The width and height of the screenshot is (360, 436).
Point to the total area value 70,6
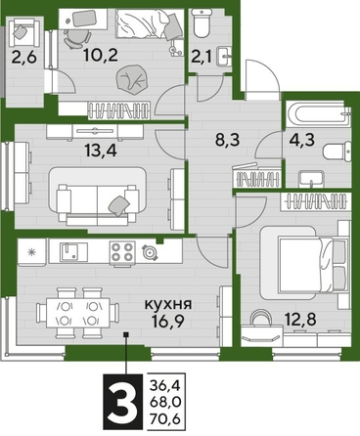(163, 417)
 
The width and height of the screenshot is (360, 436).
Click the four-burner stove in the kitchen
(120, 251)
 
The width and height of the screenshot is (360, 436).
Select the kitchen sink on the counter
(69, 251)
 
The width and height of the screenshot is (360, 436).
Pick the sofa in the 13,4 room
(98, 191)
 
